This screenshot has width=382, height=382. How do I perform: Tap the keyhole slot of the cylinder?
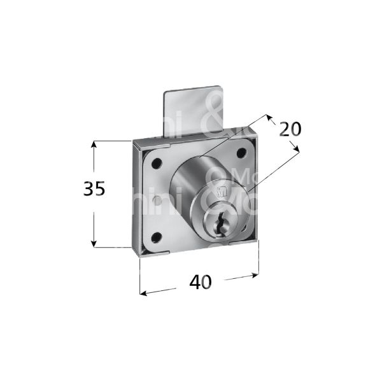click(x=221, y=224)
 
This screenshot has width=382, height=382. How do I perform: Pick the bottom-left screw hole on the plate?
click(x=156, y=237)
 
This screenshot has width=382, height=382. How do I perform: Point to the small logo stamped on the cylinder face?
click(x=221, y=194)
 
